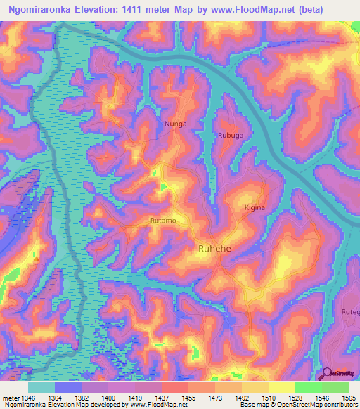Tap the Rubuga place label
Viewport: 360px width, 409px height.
point(230,136)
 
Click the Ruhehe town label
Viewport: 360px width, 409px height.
point(215,249)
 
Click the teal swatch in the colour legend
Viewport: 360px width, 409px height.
point(41,387)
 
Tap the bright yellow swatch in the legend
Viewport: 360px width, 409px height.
point(282,387)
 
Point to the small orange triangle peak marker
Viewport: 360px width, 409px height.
point(36,258)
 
